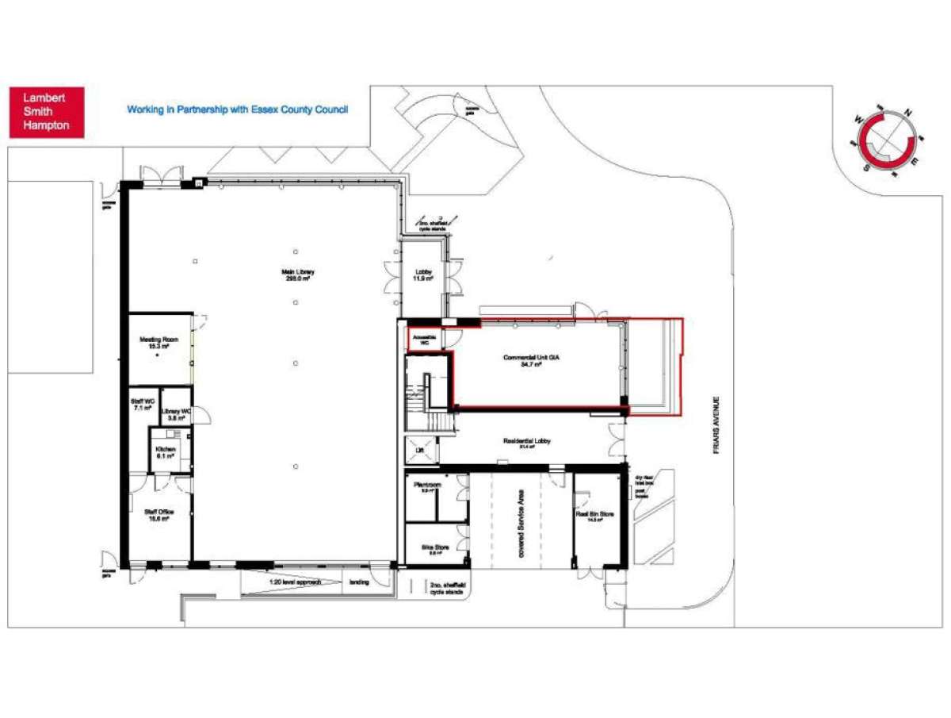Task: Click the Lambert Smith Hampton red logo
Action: coord(46,112)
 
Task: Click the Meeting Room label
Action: coord(159,344)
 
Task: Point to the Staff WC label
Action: coord(143,405)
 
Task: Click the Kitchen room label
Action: coord(165,453)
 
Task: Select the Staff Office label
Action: coord(159,516)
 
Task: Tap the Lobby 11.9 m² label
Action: coord(423,276)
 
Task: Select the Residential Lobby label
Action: coord(526,443)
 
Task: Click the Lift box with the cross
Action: coord(420,449)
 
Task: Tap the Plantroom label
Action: coord(427,486)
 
